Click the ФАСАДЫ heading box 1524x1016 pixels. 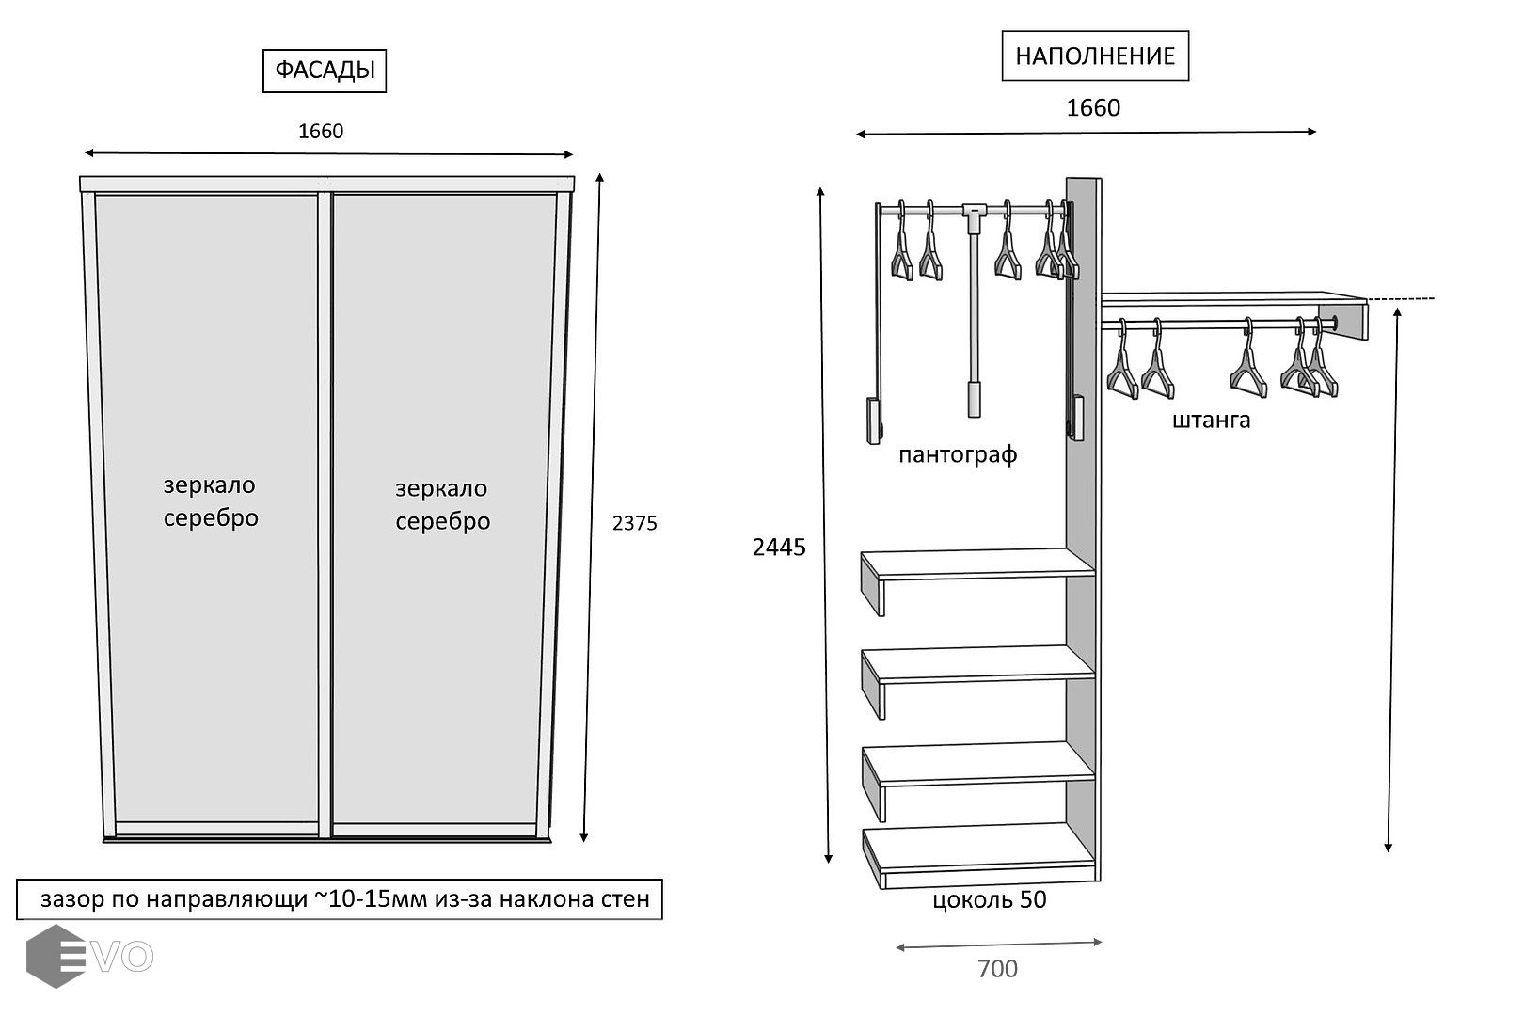(325, 71)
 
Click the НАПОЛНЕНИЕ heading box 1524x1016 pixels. (1095, 56)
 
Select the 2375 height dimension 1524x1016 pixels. (634, 523)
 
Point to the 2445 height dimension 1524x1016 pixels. (779, 547)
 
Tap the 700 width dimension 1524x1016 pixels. (997, 968)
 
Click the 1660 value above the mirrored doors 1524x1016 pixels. (321, 132)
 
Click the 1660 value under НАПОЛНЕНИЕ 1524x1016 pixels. (1093, 108)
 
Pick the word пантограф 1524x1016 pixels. (958, 455)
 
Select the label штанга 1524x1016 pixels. (1212, 420)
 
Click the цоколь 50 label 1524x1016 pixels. (989, 900)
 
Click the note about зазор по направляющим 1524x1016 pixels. (340, 899)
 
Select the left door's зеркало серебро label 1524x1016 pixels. (210, 501)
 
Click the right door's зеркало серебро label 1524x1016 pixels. (442, 505)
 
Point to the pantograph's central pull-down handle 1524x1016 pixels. (974, 399)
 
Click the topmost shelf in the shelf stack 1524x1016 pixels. (978, 564)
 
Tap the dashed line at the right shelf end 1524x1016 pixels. (1402, 299)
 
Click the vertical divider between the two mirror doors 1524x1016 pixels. (325, 514)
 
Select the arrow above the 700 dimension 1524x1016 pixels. (998, 945)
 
